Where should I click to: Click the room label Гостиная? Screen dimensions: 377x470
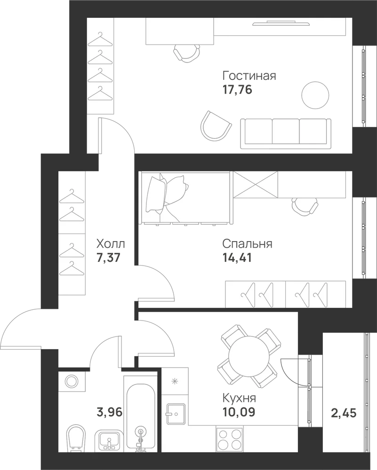[x=249, y=76]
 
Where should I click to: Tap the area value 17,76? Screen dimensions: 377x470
[x=237, y=90]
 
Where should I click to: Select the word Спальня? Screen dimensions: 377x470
[x=247, y=243]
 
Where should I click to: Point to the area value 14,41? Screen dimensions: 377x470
[x=237, y=258]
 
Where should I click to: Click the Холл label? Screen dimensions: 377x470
[x=111, y=244]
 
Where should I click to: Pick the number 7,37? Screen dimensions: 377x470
[x=108, y=258]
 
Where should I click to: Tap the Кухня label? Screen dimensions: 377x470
[x=239, y=399]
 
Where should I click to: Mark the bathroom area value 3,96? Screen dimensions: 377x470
[x=110, y=413]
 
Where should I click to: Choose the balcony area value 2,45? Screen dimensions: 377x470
[x=344, y=413]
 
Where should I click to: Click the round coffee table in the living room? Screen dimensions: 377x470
[x=314, y=95]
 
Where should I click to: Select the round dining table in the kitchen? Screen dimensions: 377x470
[x=249, y=356]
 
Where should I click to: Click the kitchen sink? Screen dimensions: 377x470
[x=176, y=414]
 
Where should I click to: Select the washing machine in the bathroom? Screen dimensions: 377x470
[x=72, y=382]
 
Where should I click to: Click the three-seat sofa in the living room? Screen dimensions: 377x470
[x=286, y=133]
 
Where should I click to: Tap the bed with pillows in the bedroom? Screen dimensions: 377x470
[x=185, y=198]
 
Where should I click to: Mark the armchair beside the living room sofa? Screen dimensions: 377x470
[x=216, y=126]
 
